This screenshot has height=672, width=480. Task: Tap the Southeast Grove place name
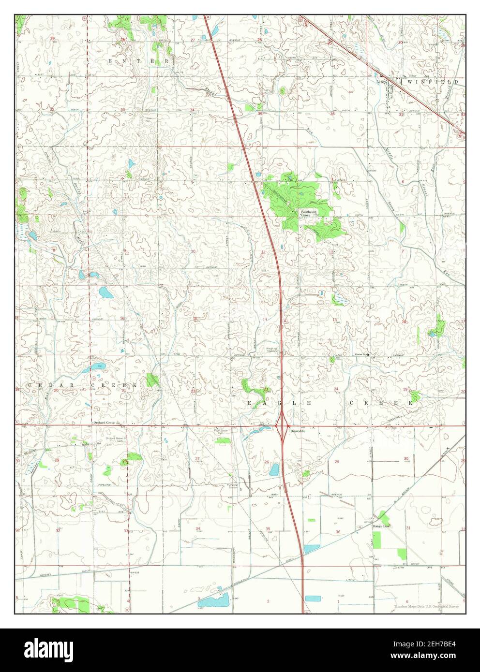308,213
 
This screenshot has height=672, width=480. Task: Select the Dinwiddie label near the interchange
297,431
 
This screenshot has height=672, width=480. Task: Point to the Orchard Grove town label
104,423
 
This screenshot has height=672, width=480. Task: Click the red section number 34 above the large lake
198,528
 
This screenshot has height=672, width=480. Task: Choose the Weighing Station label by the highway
272,350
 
